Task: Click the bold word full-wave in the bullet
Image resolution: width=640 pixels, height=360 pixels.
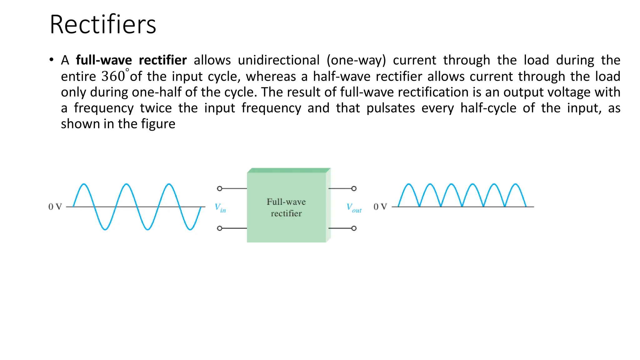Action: point(104,60)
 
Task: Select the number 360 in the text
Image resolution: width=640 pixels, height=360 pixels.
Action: point(113,76)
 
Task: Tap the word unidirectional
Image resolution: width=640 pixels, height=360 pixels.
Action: point(279,60)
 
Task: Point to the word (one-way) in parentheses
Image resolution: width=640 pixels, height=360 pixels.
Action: point(356,60)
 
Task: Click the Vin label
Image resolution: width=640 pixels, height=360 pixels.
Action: point(220,207)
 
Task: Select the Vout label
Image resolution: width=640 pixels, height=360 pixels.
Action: point(354,208)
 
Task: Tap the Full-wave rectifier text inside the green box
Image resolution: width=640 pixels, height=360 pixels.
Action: point(286,207)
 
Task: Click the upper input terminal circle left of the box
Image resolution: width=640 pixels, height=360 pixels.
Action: point(220,188)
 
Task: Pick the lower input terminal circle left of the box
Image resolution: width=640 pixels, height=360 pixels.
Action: point(220,228)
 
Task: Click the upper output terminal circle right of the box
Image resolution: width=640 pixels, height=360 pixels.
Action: point(354,188)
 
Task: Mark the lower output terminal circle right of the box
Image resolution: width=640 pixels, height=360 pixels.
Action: point(354,228)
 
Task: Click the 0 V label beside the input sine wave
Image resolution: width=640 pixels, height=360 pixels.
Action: point(55,207)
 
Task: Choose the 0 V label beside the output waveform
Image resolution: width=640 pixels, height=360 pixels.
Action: point(380,207)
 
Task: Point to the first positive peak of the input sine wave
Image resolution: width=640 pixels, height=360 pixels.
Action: point(84,185)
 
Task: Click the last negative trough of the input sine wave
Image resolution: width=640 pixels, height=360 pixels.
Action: point(190,229)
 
